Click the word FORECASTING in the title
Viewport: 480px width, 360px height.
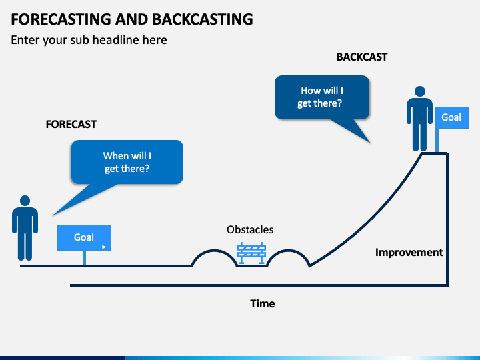[x=61, y=19]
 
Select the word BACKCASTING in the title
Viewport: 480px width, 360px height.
[x=203, y=19]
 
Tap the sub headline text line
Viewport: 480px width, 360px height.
[x=89, y=40]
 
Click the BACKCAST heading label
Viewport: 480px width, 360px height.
[x=362, y=57]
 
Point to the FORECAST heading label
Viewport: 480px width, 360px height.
[x=71, y=124]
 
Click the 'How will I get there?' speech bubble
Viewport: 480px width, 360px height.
[x=322, y=97]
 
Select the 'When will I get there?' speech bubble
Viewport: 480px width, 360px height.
[x=127, y=162]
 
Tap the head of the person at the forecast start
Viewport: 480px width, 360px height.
[x=25, y=201]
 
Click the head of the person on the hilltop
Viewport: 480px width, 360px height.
[x=420, y=91]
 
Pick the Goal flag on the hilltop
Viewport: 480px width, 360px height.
[x=452, y=117]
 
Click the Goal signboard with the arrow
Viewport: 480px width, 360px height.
[x=84, y=237]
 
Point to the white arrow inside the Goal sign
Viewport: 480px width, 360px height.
[x=85, y=247]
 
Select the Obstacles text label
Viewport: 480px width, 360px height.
[x=250, y=229]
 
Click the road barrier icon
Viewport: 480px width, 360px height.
[x=251, y=253]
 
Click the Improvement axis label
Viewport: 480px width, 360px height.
[x=409, y=252]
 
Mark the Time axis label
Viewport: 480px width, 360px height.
[x=263, y=304]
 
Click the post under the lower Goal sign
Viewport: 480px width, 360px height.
[x=84, y=258]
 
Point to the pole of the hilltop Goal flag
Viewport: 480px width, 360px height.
[x=437, y=140]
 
